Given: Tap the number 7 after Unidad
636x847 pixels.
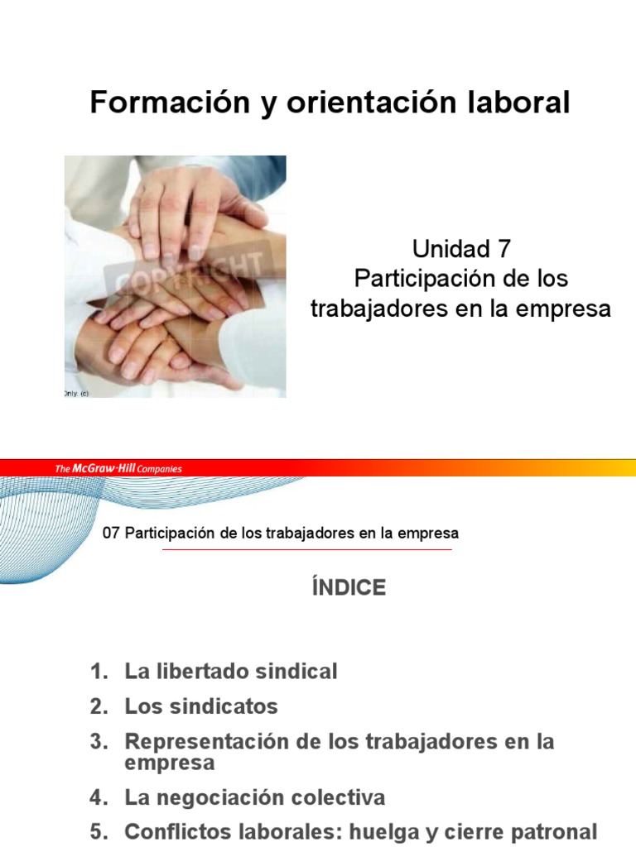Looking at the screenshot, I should point(500,247).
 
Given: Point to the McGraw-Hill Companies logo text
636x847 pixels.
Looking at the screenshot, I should point(118,469).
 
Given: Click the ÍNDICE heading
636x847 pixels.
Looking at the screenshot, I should point(349,587).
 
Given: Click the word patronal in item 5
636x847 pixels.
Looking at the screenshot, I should point(557,832).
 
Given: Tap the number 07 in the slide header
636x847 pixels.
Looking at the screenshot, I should point(111,534).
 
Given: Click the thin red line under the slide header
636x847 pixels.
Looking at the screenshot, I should point(306,549).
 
